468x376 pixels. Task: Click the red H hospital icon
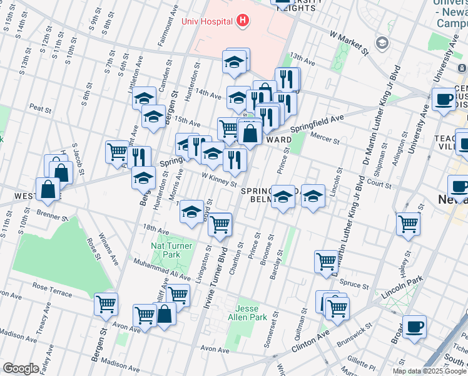(243, 21)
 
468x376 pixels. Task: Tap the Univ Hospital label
(207, 21)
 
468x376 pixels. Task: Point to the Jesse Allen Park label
(251, 313)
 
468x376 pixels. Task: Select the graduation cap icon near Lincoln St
(313, 197)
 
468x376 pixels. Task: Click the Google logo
(21, 368)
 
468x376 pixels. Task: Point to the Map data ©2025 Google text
(430, 371)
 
